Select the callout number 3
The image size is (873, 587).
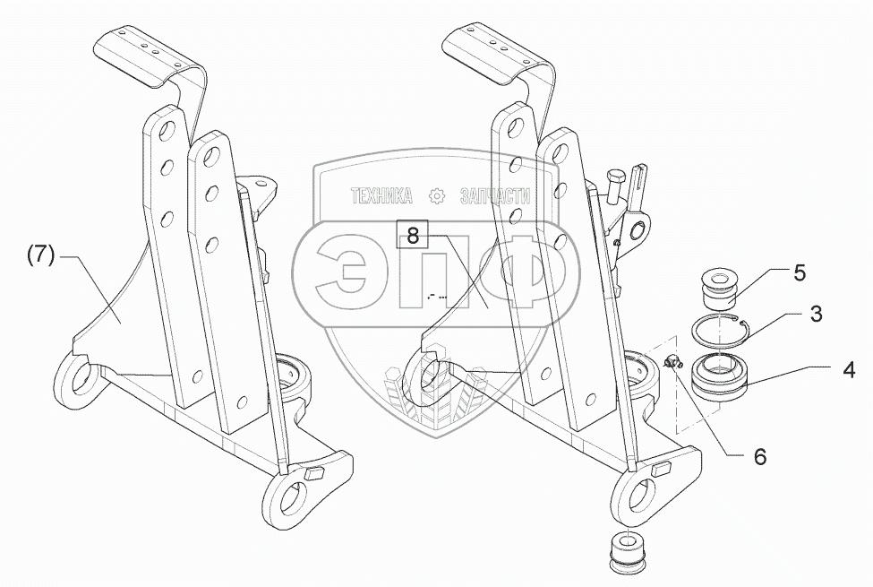click(x=816, y=314)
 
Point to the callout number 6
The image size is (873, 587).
click(x=759, y=456)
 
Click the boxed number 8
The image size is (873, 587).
click(x=412, y=236)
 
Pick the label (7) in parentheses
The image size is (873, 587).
click(x=40, y=255)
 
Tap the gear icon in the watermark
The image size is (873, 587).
click(x=437, y=195)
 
